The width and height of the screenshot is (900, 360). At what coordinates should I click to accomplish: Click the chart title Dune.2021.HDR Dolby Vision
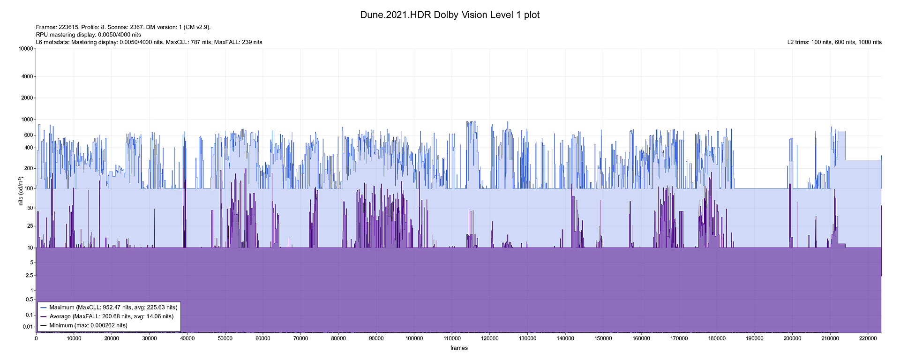(450, 15)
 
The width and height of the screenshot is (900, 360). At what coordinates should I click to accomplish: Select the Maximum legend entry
(113, 307)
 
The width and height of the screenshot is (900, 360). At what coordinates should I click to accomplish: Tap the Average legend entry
(111, 316)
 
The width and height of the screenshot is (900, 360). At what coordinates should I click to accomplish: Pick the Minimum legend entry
(88, 325)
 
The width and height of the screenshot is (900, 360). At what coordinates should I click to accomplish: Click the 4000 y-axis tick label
(29, 76)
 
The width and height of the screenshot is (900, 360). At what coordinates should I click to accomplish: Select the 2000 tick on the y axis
(29, 98)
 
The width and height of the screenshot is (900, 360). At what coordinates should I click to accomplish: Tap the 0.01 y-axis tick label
(29, 327)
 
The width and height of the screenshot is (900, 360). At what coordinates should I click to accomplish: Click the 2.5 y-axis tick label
(30, 276)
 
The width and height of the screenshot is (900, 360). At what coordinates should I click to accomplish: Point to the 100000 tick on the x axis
(414, 338)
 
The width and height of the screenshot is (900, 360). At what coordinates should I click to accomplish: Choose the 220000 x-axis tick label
(868, 338)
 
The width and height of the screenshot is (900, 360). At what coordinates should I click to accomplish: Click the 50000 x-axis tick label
(225, 338)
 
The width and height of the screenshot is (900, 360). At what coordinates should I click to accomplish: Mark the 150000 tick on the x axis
(603, 338)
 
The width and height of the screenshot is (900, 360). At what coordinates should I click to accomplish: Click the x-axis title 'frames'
(459, 348)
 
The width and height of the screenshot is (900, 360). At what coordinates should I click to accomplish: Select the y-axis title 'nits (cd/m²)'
(21, 191)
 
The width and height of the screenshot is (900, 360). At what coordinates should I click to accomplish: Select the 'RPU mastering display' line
(89, 35)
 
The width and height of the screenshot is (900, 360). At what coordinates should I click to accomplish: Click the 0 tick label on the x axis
(36, 338)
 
